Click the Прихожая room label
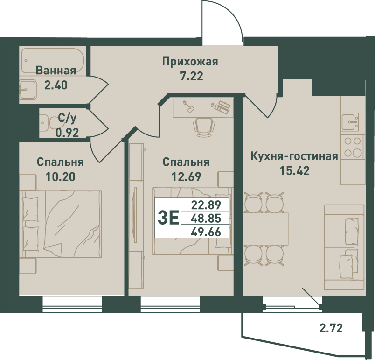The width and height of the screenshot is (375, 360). click(x=190, y=62)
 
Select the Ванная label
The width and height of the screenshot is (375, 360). click(x=56, y=71)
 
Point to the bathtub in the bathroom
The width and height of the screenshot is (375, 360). click(x=53, y=61)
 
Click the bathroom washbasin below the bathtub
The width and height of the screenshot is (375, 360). click(x=28, y=90)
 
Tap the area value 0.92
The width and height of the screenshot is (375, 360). click(x=67, y=132)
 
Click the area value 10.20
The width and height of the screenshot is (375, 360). click(x=61, y=176)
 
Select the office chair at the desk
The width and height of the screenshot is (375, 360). click(x=204, y=127)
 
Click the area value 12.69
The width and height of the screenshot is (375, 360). click(x=186, y=176)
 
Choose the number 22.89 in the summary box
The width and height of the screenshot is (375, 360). click(x=206, y=205)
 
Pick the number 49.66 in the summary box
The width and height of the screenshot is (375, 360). click(x=206, y=232)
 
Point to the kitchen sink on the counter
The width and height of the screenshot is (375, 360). click(x=350, y=122)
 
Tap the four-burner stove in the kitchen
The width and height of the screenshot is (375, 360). click(x=353, y=147)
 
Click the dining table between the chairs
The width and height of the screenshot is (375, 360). click(x=265, y=229)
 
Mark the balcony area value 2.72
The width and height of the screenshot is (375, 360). click(x=331, y=328)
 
